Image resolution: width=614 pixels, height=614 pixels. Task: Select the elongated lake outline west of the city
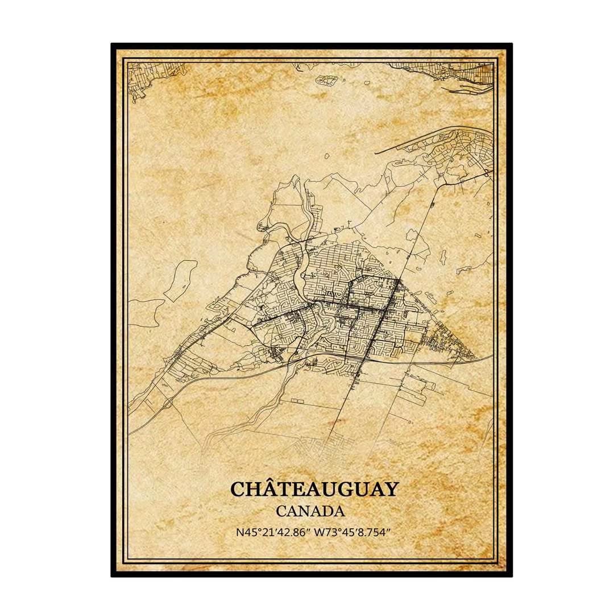pyautogui.click(x=181, y=279)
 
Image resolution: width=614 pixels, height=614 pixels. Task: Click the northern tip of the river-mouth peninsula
pyautogui.click(x=294, y=178)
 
